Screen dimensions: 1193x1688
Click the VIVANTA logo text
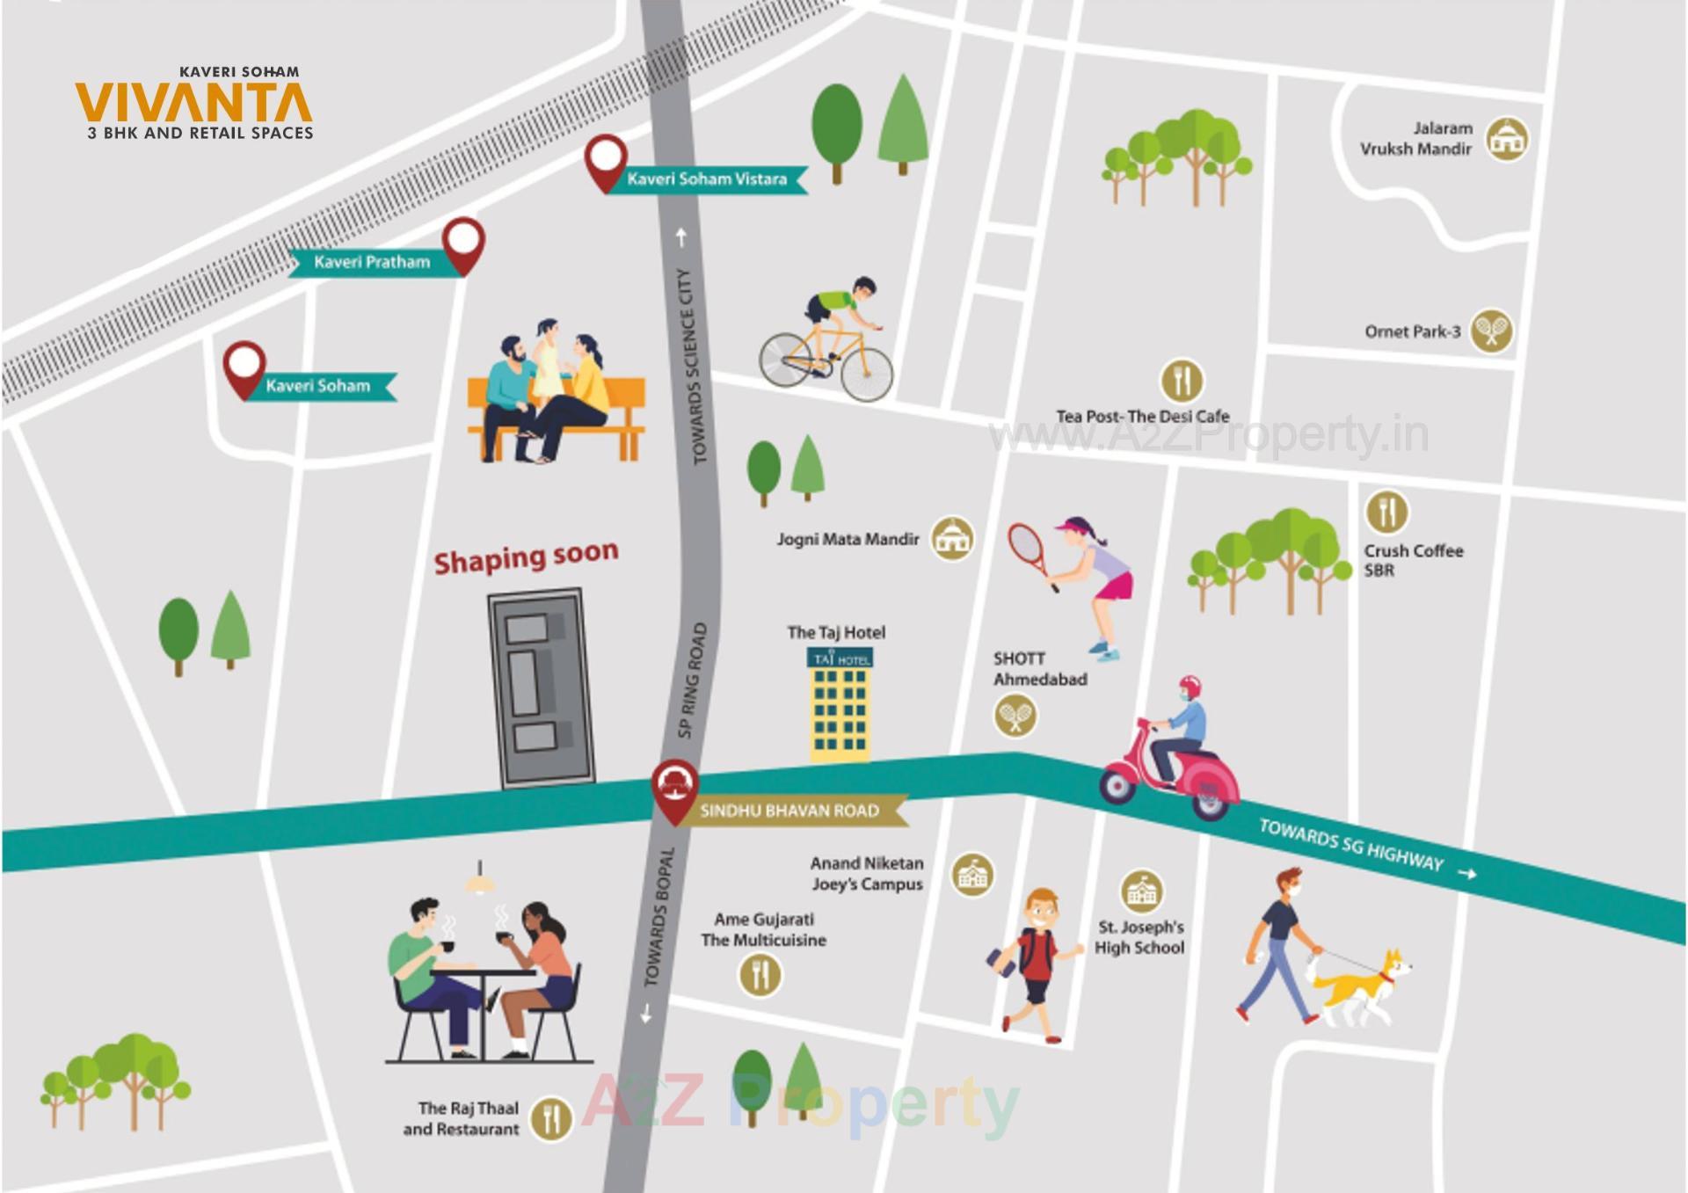[193, 104]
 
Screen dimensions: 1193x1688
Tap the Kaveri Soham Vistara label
[706, 179]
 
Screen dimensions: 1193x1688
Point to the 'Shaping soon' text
[526, 556]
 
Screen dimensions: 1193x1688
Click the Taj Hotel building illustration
[840, 703]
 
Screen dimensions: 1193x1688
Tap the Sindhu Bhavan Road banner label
[789, 811]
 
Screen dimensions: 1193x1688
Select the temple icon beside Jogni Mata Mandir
[952, 538]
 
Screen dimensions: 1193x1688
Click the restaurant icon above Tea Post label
[1182, 381]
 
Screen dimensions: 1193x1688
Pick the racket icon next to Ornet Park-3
[1491, 331]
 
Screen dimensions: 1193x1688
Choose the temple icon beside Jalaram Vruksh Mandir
[1507, 139]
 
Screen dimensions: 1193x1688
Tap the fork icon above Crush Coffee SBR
[1386, 512]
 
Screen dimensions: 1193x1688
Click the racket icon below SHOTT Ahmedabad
[1015, 716]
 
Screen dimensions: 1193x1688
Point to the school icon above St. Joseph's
[1141, 891]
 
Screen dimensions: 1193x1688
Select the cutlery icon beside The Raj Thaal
[551, 1118]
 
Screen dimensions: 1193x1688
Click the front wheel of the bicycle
[866, 374]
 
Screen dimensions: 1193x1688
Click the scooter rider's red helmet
[1190, 687]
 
